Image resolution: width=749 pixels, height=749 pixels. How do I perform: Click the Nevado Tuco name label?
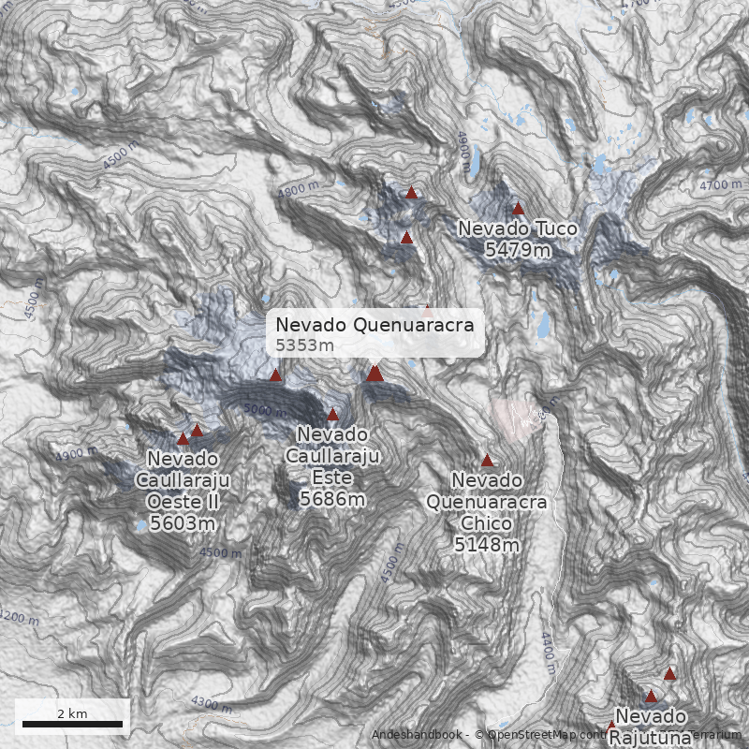[x=517, y=228]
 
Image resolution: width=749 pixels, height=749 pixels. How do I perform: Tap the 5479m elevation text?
[x=517, y=249]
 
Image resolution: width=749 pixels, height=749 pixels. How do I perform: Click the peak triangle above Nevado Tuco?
[x=518, y=209]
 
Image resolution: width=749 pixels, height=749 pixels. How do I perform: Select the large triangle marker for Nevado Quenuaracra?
[x=374, y=374]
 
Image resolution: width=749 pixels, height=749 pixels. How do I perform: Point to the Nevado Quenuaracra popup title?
[x=374, y=326]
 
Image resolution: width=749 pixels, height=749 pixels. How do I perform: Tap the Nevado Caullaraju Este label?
[x=331, y=457]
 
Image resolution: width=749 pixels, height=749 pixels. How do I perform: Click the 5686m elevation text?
[x=331, y=500]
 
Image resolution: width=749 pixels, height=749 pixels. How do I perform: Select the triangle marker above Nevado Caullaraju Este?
[x=332, y=414]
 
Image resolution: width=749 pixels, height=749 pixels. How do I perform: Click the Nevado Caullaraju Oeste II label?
[x=184, y=480]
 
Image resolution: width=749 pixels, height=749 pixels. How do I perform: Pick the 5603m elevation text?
[x=184, y=523]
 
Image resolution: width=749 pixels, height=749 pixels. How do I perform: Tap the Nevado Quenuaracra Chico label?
[x=487, y=501]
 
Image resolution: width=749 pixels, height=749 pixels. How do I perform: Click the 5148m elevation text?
[x=487, y=544]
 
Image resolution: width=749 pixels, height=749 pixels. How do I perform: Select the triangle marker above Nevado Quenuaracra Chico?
[x=487, y=460]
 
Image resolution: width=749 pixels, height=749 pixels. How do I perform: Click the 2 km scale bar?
[x=72, y=723]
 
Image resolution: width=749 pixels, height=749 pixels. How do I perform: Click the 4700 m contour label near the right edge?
[x=720, y=185]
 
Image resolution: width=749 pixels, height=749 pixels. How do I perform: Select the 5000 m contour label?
[x=263, y=410]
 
